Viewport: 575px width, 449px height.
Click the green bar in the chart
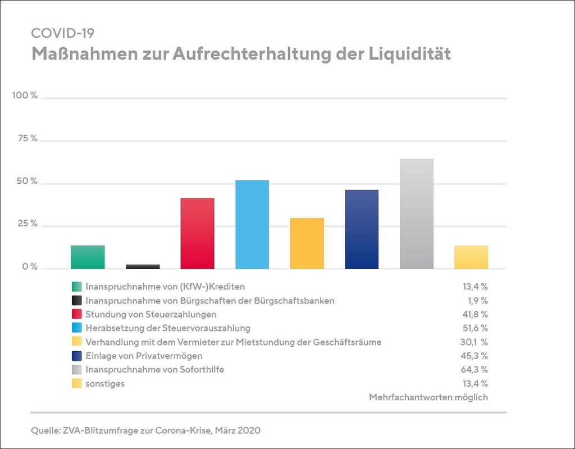pos(88,257)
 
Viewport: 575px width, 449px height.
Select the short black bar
pos(143,266)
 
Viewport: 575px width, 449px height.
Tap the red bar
pos(197,233)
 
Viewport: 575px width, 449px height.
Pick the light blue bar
pos(252,224)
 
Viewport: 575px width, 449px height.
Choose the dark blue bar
pos(362,229)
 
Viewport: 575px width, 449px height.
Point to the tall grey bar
pos(417,214)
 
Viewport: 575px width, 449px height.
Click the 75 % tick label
pos(26,139)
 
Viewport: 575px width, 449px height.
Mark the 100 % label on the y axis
pos(25,96)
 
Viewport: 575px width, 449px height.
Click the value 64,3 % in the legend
pos(475,369)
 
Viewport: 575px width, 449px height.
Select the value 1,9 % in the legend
pos(477,301)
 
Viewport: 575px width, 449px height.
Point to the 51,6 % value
pos(475,328)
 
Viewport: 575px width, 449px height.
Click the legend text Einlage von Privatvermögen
pos(144,356)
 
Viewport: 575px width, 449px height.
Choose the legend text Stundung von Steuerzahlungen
pos(151,314)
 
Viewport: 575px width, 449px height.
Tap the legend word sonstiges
pos(105,383)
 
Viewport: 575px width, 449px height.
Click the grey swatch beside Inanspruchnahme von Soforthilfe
pos(77,370)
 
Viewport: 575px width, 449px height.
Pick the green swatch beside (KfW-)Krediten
pos(77,287)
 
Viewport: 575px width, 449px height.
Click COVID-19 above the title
pos(63,33)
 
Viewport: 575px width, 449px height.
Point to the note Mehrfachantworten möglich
pos(428,397)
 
